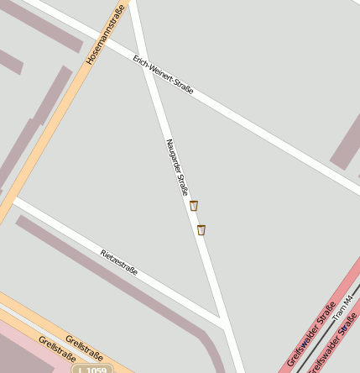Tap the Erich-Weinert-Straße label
tap(163, 74)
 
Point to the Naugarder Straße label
tap(176, 167)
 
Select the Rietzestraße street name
tap(118, 262)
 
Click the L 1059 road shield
tap(91, 369)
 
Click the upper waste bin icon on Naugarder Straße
tap(194, 206)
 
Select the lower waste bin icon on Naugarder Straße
tap(201, 229)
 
